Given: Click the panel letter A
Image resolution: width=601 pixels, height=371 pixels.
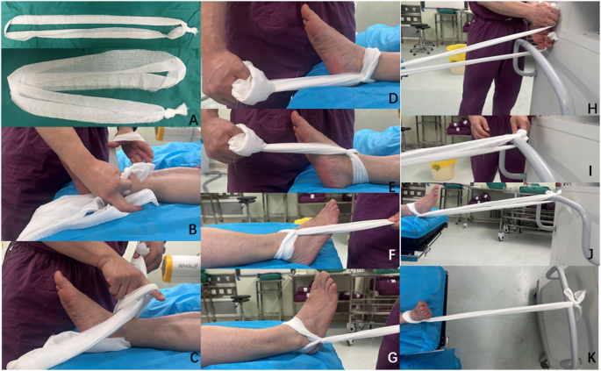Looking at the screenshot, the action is pos(194,121).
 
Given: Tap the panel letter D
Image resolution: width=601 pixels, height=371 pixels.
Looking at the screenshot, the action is pos(392,98).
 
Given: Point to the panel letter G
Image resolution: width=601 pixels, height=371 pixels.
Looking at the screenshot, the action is pos(392,358).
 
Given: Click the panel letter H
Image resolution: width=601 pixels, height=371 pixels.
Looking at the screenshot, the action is pos(592,109).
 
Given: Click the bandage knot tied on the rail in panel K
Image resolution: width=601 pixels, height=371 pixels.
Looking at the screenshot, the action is pos(574,300).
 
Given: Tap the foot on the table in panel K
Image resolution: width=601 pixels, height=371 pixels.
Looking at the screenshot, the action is pos(419,310).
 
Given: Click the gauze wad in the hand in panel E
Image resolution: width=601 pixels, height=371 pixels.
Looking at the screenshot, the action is pos(246,140).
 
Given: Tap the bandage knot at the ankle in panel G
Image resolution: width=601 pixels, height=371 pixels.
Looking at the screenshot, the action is pos(314,340).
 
